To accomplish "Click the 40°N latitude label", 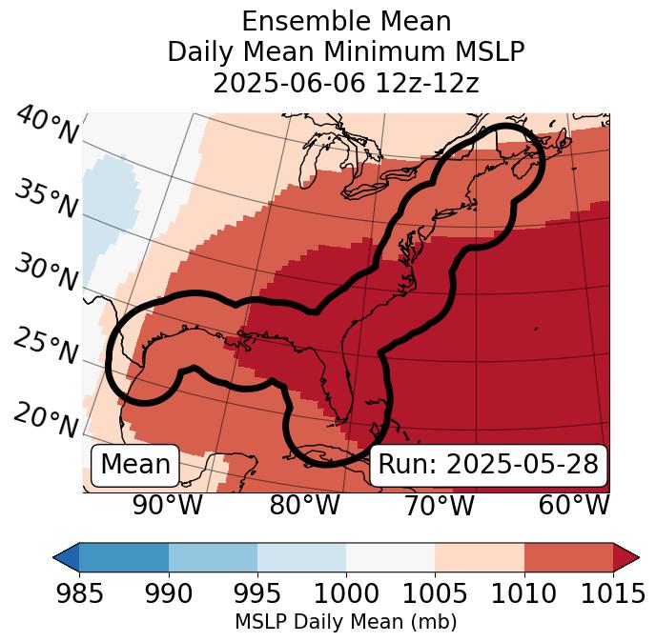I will (x=47, y=126).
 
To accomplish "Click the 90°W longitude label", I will (x=168, y=506).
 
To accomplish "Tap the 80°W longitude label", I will (x=304, y=506).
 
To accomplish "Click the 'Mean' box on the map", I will (x=135, y=465).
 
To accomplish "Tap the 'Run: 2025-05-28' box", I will (x=488, y=465).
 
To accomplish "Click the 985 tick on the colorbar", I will (x=79, y=593).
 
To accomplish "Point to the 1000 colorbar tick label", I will (x=346, y=593).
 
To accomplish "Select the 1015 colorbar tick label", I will (x=613, y=593).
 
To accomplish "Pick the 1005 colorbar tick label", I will (x=435, y=593).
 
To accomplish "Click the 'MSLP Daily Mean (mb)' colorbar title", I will (x=346, y=622).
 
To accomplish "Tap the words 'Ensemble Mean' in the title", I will (x=346, y=21).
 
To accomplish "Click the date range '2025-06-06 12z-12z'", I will (x=346, y=83).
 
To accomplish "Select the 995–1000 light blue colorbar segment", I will (x=301, y=556).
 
